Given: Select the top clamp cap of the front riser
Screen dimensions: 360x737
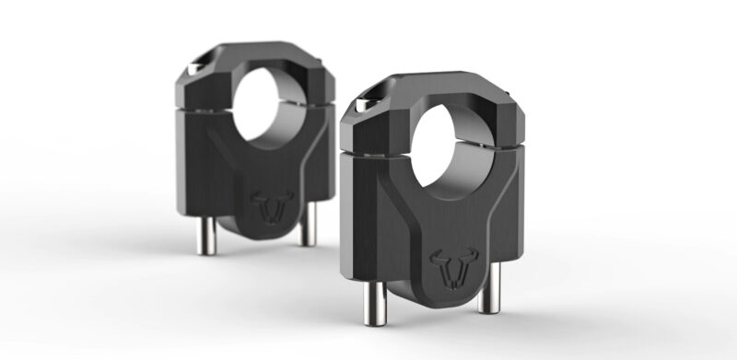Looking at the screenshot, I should pos(433,101).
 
